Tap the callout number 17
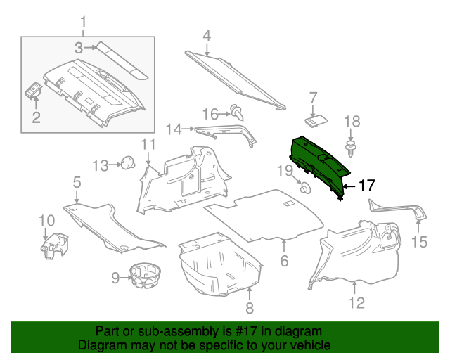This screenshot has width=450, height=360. tap(367, 186)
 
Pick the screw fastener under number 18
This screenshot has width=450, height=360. tap(350, 147)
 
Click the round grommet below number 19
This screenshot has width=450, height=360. tap(305, 188)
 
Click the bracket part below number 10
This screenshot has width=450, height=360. tap(53, 245)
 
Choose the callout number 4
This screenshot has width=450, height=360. tap(207, 35)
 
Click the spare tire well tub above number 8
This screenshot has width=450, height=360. tap(218, 264)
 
